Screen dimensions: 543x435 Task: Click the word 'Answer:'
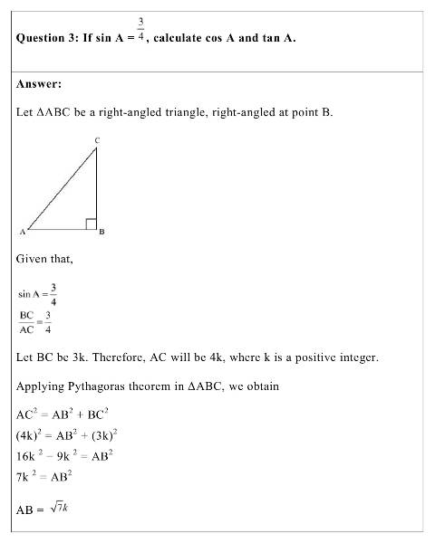39,84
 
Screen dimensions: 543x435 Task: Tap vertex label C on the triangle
97,139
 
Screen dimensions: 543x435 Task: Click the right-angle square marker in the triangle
91,224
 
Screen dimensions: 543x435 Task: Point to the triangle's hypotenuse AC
61,187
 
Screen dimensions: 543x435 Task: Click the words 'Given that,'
44,260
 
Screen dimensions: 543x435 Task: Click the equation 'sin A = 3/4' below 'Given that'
38,294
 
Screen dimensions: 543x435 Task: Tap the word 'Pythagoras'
101,386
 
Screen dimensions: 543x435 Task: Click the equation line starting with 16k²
63,455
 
